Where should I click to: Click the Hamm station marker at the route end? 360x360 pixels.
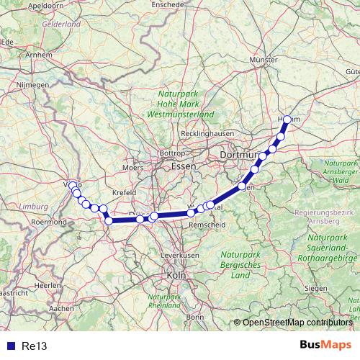click(287, 120)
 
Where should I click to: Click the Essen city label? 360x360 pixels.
click(179, 166)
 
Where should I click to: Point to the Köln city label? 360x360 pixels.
click(175, 275)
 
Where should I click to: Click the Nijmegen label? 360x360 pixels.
click(33, 84)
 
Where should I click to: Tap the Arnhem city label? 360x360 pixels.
click(39, 54)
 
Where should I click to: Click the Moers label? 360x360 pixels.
click(133, 167)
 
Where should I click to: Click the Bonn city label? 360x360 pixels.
click(194, 316)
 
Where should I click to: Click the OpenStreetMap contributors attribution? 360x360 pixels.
click(297, 322)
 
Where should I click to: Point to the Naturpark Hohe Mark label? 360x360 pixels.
click(177, 104)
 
